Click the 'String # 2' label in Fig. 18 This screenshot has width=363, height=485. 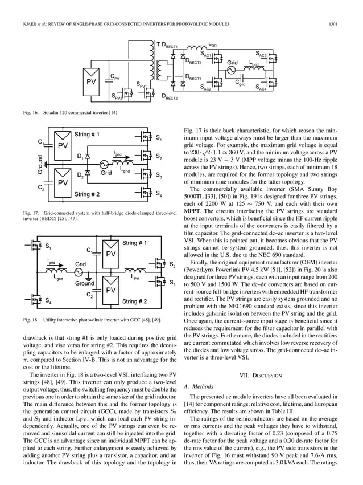tap(135, 300)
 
